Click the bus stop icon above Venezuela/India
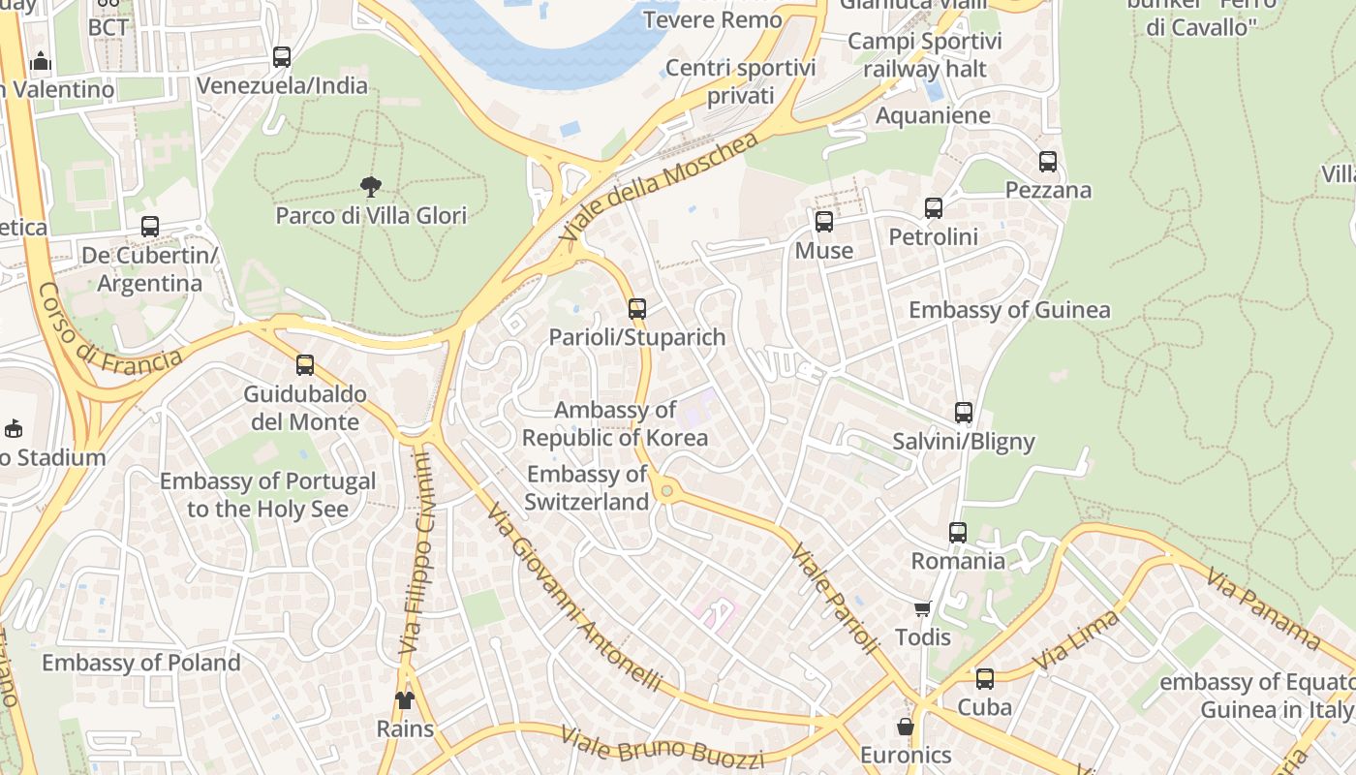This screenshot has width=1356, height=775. click(282, 57)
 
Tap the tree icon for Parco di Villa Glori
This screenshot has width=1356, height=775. click(370, 186)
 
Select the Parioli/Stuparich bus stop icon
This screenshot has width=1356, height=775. click(637, 309)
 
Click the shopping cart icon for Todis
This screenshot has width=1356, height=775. click(923, 608)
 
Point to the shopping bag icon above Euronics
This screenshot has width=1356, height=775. click(906, 726)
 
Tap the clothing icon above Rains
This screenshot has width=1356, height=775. click(404, 699)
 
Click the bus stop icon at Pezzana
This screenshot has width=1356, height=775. click(1048, 161)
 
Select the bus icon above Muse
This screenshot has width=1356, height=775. click(824, 222)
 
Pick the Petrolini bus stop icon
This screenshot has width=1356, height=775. click(934, 208)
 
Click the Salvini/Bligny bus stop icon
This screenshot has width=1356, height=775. click(964, 413)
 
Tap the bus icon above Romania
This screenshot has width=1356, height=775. click(958, 532)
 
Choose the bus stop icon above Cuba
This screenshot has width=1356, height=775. click(985, 679)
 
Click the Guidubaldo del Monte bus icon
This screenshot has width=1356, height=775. click(305, 365)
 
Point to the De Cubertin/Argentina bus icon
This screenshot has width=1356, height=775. click(150, 227)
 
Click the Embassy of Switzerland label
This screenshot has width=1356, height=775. click(587, 488)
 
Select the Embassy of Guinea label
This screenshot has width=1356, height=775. click(1009, 310)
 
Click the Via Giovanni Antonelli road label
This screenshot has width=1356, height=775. click(574, 597)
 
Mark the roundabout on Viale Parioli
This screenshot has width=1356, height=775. click(666, 492)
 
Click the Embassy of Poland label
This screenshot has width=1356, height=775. click(141, 663)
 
